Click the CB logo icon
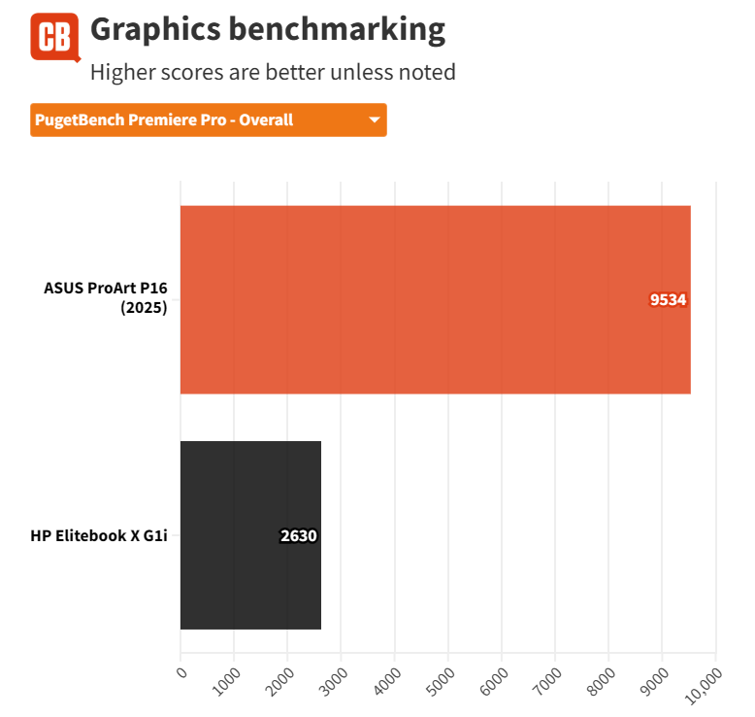(54, 37)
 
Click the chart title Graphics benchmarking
(267, 30)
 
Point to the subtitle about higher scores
(273, 72)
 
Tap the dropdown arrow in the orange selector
(374, 120)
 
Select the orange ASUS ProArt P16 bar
(435, 299)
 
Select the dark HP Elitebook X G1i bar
(250, 535)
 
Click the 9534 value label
(668, 300)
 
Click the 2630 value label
(299, 535)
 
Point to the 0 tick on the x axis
(181, 670)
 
